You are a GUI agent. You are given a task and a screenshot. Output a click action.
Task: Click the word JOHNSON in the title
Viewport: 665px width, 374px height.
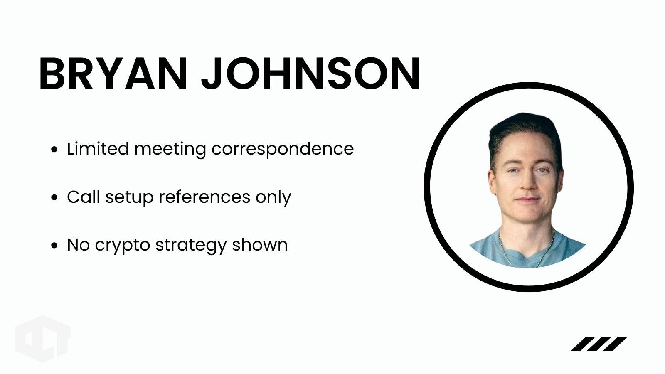[x=310, y=73]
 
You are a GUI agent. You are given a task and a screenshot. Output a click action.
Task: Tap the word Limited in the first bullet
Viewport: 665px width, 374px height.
[x=98, y=148]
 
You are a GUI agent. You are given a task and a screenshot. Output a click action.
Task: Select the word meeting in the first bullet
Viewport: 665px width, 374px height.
[x=170, y=149]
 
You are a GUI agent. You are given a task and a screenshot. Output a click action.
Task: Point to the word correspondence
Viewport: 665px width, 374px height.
[x=283, y=149]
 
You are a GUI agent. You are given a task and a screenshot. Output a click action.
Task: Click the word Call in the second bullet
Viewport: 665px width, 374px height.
[x=84, y=197]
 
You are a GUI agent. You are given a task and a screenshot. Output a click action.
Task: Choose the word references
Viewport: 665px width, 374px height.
[x=204, y=197]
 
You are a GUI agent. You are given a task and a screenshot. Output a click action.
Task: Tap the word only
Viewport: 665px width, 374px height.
[x=273, y=197]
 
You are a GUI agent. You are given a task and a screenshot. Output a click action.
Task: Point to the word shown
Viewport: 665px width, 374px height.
[x=260, y=245]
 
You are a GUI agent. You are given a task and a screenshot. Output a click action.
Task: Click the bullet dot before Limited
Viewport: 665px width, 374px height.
[x=54, y=149]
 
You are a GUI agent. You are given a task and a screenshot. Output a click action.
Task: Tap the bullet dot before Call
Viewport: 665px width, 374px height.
[x=54, y=197]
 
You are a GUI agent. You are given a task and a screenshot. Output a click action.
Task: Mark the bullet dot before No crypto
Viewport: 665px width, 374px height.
[x=54, y=246]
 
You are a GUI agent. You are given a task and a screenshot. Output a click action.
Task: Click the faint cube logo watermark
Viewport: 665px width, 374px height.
[x=43, y=339]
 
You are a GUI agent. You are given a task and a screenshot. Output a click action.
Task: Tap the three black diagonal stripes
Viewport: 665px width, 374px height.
[x=599, y=344]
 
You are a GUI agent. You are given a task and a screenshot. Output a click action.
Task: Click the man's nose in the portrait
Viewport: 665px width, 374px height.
[x=528, y=182]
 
